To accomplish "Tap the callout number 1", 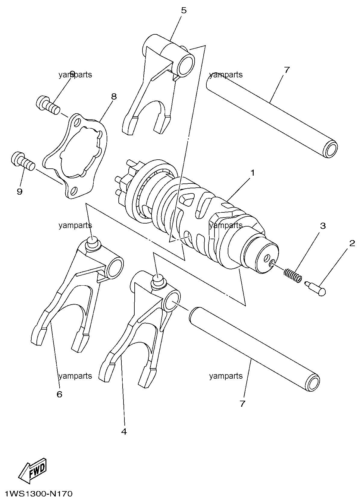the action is click(253, 173).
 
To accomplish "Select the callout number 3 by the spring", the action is click(323, 226).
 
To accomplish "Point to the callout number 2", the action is click(352, 243).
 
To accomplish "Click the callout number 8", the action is click(114, 97).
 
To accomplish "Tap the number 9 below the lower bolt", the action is click(20, 192).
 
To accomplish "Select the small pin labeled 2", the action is click(315, 289).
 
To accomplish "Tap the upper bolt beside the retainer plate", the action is click(48, 105).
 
